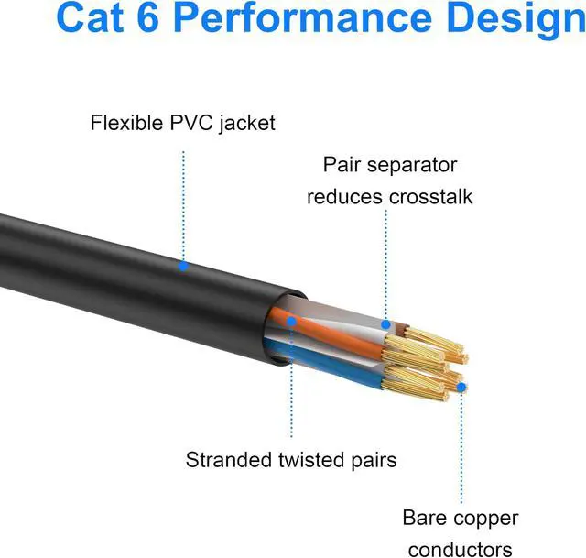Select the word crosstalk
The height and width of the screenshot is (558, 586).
[430, 197]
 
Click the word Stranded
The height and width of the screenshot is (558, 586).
[229, 459]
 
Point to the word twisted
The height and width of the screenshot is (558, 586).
[309, 459]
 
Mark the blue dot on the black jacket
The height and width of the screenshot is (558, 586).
[183, 266]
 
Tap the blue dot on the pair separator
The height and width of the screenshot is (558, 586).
[386, 323]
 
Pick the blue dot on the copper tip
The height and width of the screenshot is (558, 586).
[461, 387]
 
